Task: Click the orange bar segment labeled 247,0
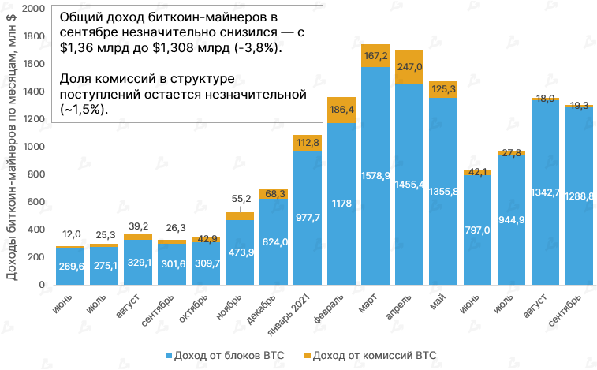point(409,67)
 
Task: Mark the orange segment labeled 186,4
point(341,110)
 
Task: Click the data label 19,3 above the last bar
point(579,104)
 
